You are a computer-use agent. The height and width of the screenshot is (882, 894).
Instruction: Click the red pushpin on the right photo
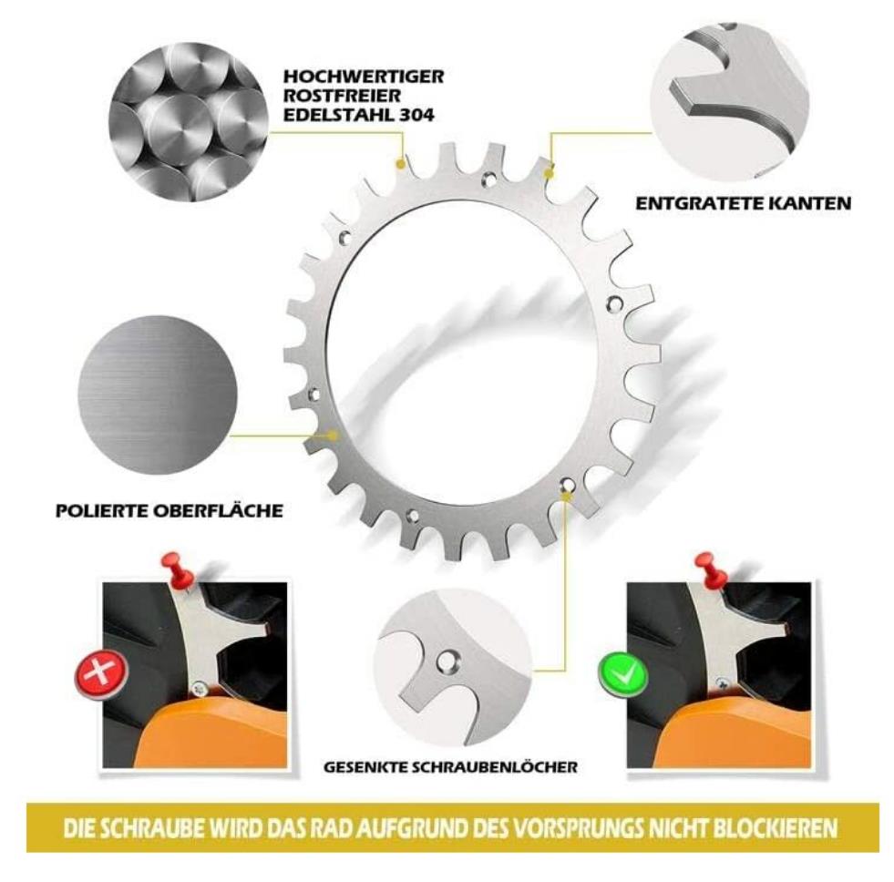711,566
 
